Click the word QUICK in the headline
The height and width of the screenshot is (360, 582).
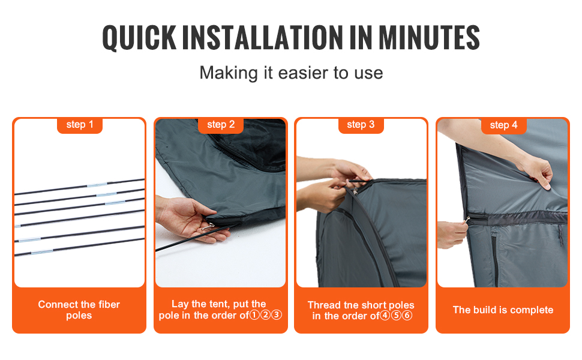(x=139, y=38)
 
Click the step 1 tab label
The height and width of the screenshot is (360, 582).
(x=80, y=124)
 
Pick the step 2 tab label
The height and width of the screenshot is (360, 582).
(x=221, y=124)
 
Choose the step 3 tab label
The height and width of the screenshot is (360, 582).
(x=361, y=124)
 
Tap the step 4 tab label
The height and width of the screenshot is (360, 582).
(x=503, y=125)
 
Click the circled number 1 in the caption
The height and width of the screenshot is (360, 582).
(x=254, y=315)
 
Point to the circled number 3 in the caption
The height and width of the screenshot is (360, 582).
(x=277, y=315)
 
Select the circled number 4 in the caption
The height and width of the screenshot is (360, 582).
(x=385, y=316)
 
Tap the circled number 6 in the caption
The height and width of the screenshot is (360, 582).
(x=407, y=316)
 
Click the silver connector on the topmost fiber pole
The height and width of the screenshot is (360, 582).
(x=97, y=184)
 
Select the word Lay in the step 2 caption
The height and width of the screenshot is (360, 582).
(x=179, y=304)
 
